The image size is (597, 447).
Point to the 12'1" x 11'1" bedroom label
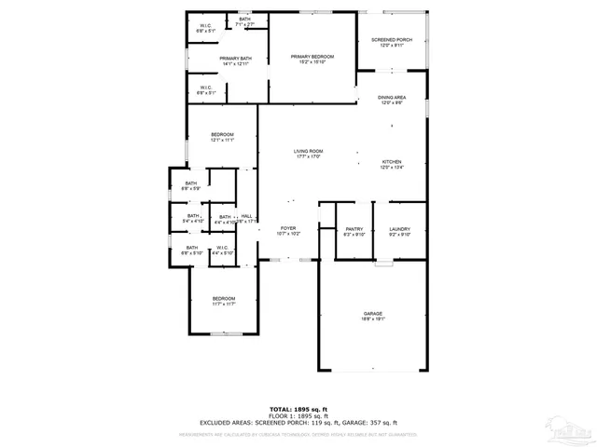click(222, 137)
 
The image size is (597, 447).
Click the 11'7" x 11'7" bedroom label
click(223, 301)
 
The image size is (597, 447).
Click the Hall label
click(246, 218)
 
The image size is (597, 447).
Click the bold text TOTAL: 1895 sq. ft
click(298, 409)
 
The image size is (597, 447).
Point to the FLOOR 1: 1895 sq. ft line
click(298, 416)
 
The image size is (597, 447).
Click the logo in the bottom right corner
click(570, 431)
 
